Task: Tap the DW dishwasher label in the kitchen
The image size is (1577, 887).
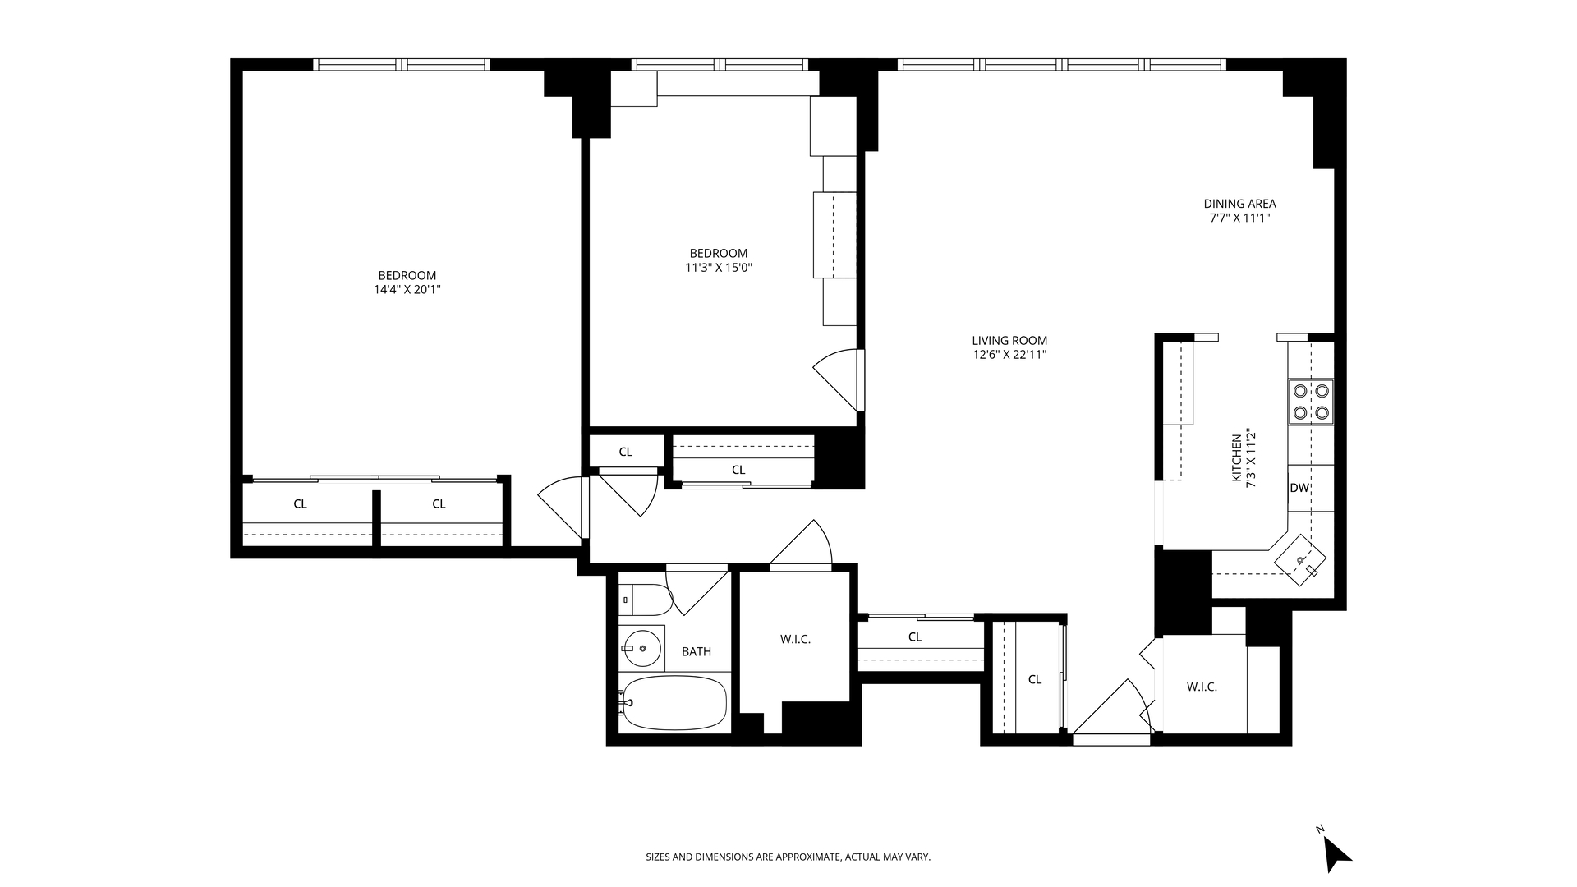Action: coord(1299,488)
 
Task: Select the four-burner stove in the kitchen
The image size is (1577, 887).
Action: coord(1311,402)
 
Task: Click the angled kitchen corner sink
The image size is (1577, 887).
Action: coord(1300,560)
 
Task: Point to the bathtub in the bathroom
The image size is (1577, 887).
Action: coord(674,703)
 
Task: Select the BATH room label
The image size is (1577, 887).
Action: coord(697,651)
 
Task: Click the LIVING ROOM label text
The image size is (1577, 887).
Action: coord(1009,341)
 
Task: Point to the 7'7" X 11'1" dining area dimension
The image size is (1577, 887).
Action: coord(1239,218)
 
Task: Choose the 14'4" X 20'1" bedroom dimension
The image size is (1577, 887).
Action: coord(407,289)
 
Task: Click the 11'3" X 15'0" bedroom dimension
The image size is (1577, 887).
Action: coord(719,267)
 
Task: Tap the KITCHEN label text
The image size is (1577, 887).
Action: coord(1236,469)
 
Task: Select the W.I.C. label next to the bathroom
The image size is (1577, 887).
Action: coord(795,639)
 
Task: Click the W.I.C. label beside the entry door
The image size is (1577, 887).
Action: coord(1202,687)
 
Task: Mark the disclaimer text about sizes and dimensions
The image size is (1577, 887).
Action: coord(788,857)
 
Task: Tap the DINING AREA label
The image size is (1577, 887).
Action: coord(1239,204)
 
